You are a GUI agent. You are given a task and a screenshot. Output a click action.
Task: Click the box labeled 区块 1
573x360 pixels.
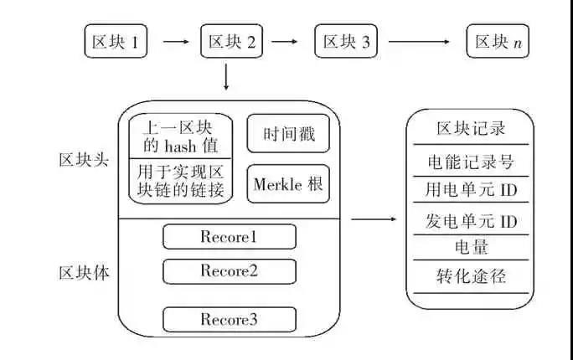(116, 41)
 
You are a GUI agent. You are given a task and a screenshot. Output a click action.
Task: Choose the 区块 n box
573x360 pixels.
(498, 41)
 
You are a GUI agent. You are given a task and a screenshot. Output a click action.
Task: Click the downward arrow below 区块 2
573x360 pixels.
(226, 77)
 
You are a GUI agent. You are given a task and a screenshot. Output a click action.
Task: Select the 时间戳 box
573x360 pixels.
(288, 134)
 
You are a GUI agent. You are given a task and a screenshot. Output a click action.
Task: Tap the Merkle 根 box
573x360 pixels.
(288, 184)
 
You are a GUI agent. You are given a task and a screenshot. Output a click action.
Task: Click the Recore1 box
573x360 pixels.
(229, 237)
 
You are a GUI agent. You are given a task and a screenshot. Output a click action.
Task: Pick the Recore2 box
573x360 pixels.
(229, 271)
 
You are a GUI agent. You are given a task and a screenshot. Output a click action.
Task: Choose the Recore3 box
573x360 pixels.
(229, 320)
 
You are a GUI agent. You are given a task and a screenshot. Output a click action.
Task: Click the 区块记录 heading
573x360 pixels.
(470, 129)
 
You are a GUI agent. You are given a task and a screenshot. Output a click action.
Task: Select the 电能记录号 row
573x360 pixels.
(470, 161)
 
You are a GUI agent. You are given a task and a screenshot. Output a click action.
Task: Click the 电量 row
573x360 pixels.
(470, 247)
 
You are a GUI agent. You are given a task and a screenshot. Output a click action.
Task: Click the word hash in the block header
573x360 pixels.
(188, 146)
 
